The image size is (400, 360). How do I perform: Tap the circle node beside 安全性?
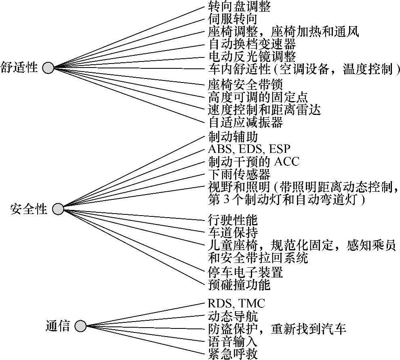[58, 209]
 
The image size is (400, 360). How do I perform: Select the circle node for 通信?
[80, 326]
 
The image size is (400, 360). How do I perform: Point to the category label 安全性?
[29, 209]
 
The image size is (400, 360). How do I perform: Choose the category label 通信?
[57, 326]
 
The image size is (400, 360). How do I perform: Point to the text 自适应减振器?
[246, 122]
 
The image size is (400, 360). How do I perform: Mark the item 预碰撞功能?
[239, 284]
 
